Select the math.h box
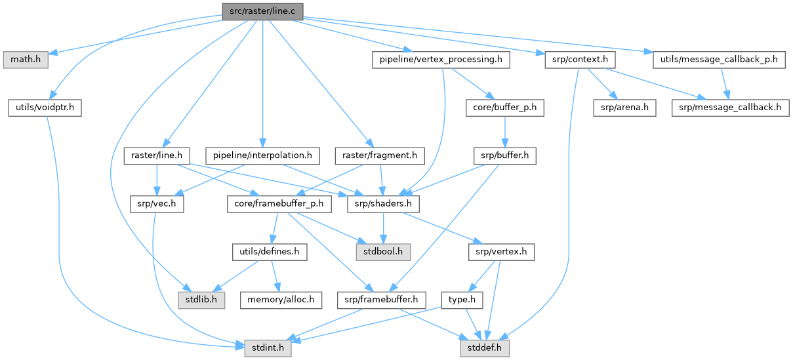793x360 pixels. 24,60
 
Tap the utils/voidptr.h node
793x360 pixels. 45,108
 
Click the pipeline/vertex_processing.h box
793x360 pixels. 441,60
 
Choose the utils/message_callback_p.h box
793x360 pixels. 720,60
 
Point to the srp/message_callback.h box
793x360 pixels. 730,108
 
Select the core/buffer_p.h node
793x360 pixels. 504,108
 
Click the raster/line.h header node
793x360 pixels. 157,156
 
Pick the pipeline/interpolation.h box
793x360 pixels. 262,156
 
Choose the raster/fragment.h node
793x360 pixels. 379,156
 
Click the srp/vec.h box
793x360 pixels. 155,204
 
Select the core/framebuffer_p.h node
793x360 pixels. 279,204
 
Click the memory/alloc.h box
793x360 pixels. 281,300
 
